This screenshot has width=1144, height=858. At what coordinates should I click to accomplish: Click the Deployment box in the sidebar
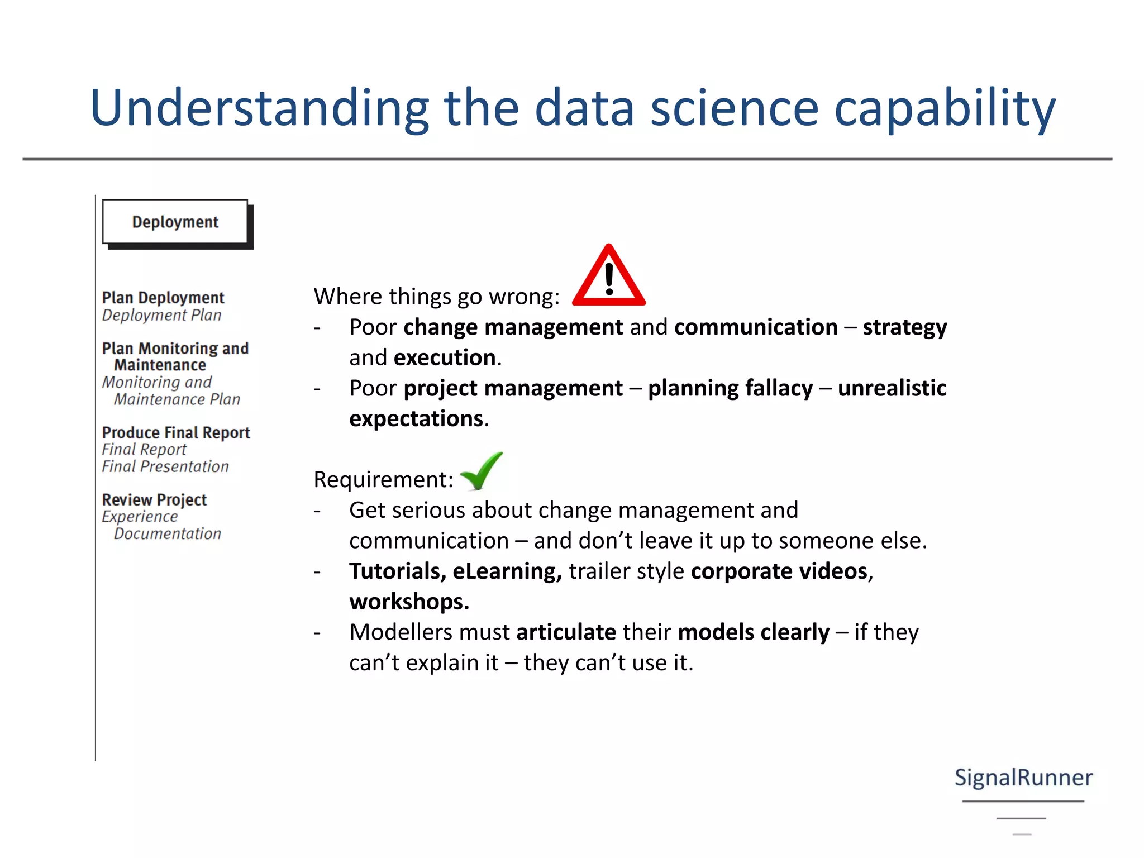point(175,222)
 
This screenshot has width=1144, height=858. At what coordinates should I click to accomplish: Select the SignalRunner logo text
point(1023,778)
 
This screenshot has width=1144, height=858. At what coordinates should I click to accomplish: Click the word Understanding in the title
point(259,109)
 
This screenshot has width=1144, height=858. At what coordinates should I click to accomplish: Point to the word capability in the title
point(945,109)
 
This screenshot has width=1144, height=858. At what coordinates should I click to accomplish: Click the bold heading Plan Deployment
point(163,298)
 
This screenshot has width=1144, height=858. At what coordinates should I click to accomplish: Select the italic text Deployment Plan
point(162,315)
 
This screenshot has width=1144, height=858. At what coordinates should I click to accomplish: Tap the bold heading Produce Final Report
point(176,433)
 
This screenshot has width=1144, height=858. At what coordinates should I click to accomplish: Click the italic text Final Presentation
point(165,466)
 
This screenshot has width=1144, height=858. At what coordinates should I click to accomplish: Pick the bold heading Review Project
point(154,499)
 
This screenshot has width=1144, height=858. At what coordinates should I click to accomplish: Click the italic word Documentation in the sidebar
point(168,533)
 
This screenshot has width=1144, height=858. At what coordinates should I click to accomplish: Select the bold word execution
point(445,358)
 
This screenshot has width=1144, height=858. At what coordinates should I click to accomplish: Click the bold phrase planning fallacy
point(730,388)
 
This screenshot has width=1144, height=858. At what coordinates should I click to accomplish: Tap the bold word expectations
point(416,419)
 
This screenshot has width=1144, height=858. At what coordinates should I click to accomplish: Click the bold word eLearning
point(506,571)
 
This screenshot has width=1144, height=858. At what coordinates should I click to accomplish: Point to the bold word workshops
point(408,602)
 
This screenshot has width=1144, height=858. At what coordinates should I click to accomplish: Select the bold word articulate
point(566,632)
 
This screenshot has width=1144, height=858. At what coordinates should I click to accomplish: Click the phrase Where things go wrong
point(436,297)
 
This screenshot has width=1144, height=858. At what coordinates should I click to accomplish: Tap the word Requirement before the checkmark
point(383,480)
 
